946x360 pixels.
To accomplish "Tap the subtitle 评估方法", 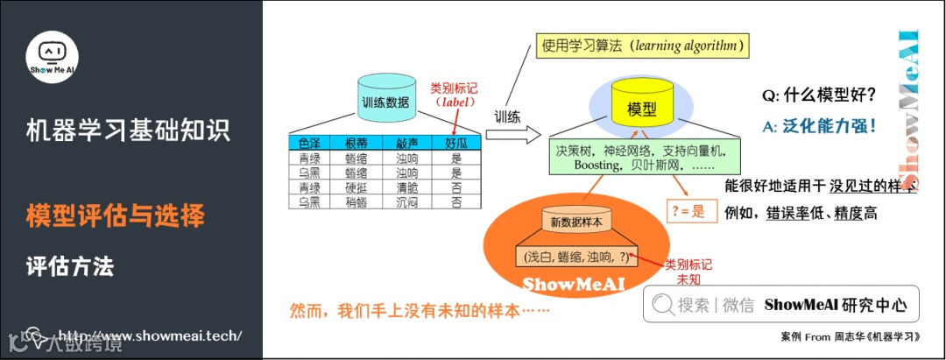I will (70, 265).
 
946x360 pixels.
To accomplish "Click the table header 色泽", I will (309, 144).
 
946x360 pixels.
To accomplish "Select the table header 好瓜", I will (456, 144).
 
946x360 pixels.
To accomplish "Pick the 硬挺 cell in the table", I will (357, 187).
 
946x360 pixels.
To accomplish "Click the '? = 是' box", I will (687, 210).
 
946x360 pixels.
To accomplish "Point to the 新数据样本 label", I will (575, 222).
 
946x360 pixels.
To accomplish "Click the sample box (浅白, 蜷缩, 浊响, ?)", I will (575, 258).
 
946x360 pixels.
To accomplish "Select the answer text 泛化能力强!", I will (829, 125).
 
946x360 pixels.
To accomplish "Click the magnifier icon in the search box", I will (663, 305).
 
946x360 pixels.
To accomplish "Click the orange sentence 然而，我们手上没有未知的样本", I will (420, 310).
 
